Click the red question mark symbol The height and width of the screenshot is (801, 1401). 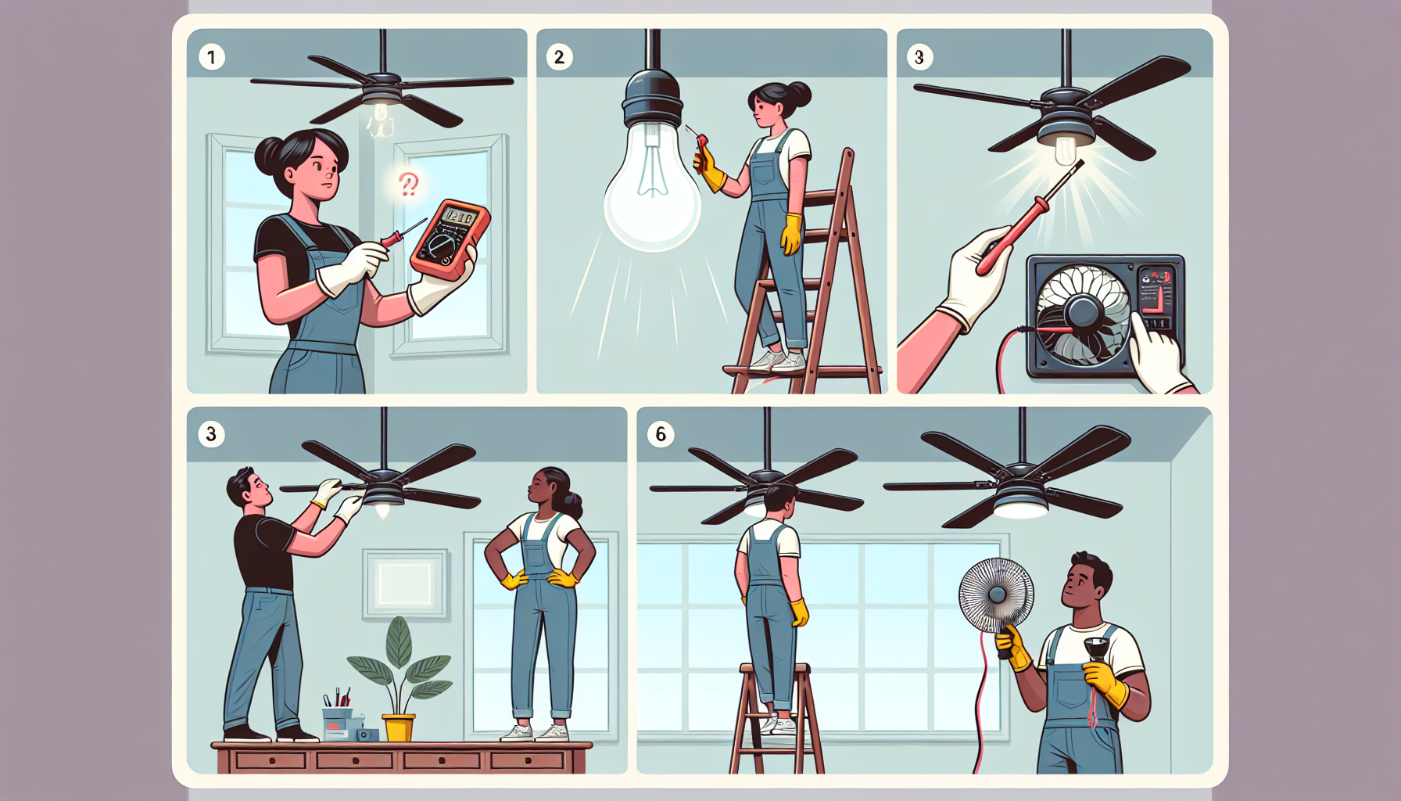pos(408,184)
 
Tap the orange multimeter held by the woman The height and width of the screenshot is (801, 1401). pos(450,239)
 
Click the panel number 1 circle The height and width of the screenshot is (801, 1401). pos(211,57)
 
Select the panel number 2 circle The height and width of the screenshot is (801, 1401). pos(559,57)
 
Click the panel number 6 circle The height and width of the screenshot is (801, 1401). pos(661,434)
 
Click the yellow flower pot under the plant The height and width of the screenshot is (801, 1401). pos(398,727)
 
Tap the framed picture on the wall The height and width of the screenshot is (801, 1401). pos(406,584)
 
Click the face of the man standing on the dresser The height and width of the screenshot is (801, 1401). pos(257,490)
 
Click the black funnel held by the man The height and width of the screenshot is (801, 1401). pos(1095,648)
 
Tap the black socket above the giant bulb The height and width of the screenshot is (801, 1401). pos(652,97)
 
